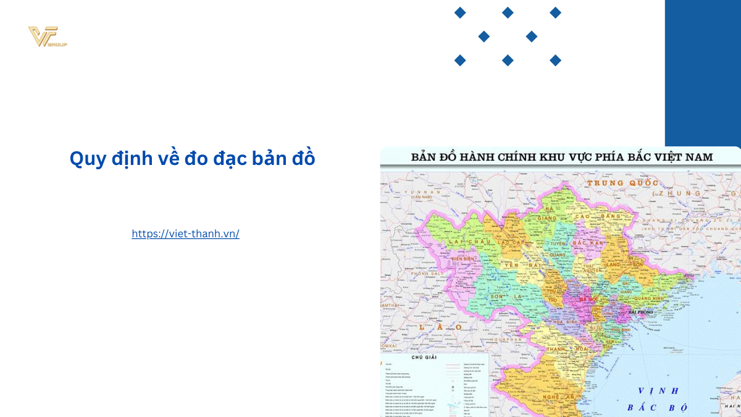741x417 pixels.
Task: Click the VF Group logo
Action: pos(48,37)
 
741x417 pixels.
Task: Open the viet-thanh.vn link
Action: pos(185,234)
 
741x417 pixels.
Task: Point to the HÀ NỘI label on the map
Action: pos(588,300)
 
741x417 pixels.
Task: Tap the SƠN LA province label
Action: pos(515,297)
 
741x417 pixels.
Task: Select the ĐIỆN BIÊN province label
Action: pos(467,259)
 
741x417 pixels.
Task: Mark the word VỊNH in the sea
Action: pos(659,390)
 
